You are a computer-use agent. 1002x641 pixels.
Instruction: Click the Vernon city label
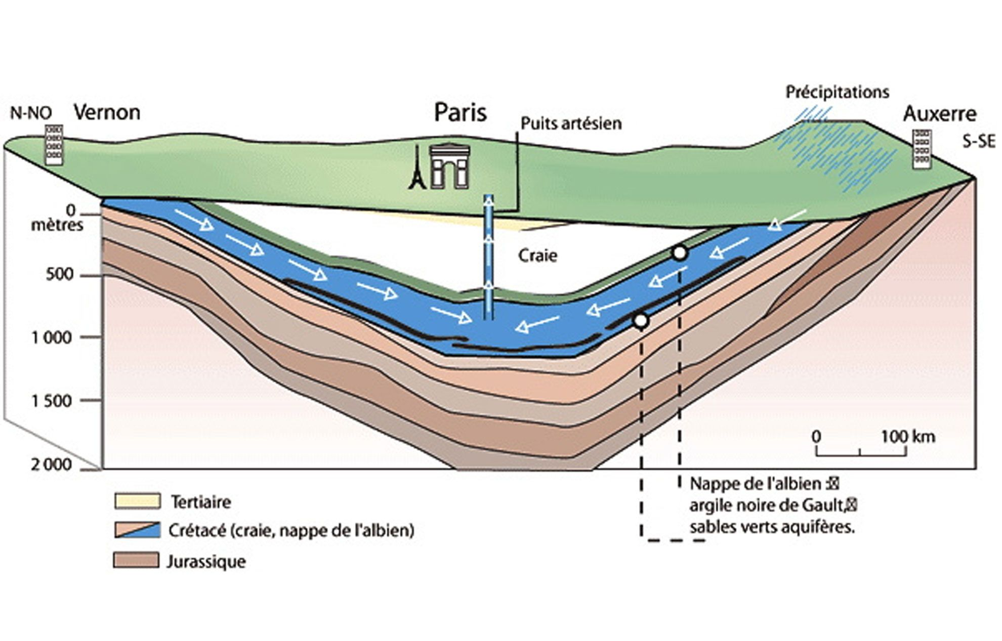pyautogui.click(x=107, y=112)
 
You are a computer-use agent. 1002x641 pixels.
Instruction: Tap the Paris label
pyautogui.click(x=460, y=112)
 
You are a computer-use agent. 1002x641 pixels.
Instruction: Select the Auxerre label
pyautogui.click(x=939, y=114)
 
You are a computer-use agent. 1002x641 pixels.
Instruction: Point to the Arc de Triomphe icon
pyautogui.click(x=449, y=166)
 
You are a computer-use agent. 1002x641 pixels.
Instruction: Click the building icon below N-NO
pyautogui.click(x=54, y=145)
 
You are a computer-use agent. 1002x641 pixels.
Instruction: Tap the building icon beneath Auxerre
pyautogui.click(x=921, y=149)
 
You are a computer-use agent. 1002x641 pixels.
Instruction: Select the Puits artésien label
pyautogui.click(x=571, y=123)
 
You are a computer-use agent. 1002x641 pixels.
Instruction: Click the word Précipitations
pyautogui.click(x=837, y=92)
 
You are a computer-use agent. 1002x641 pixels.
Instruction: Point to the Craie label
pyautogui.click(x=537, y=255)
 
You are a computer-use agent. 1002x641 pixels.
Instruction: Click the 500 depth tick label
pyautogui.click(x=60, y=275)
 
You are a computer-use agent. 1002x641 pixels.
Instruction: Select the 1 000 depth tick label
pyautogui.click(x=52, y=337)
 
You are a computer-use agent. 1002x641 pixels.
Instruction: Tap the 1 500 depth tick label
pyautogui.click(x=52, y=401)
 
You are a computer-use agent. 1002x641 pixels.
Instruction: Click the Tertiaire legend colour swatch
pyautogui.click(x=137, y=501)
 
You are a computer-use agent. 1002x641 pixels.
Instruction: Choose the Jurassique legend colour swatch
pyautogui.click(x=136, y=561)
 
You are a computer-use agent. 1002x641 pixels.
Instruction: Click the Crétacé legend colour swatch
pyautogui.click(x=137, y=530)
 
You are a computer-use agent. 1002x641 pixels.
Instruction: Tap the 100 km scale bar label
pyautogui.click(x=908, y=436)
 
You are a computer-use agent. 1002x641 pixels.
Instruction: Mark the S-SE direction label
pyautogui.click(x=979, y=141)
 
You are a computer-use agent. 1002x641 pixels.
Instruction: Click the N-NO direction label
pyautogui.click(x=31, y=113)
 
